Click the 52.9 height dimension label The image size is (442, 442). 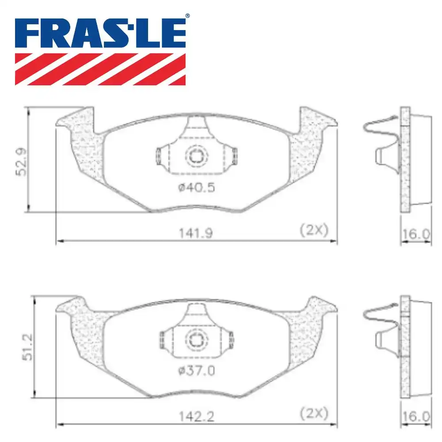click(21, 162)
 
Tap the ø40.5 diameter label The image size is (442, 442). click(197, 187)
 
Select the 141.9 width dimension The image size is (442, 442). click(196, 233)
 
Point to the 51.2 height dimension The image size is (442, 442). click(27, 347)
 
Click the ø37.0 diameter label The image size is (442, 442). click(197, 370)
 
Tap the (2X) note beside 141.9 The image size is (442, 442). click(314, 230)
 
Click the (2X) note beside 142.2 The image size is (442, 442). click(314, 414)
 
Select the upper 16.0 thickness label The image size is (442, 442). click(416, 234)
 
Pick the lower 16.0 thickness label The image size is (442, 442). click(416, 417)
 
